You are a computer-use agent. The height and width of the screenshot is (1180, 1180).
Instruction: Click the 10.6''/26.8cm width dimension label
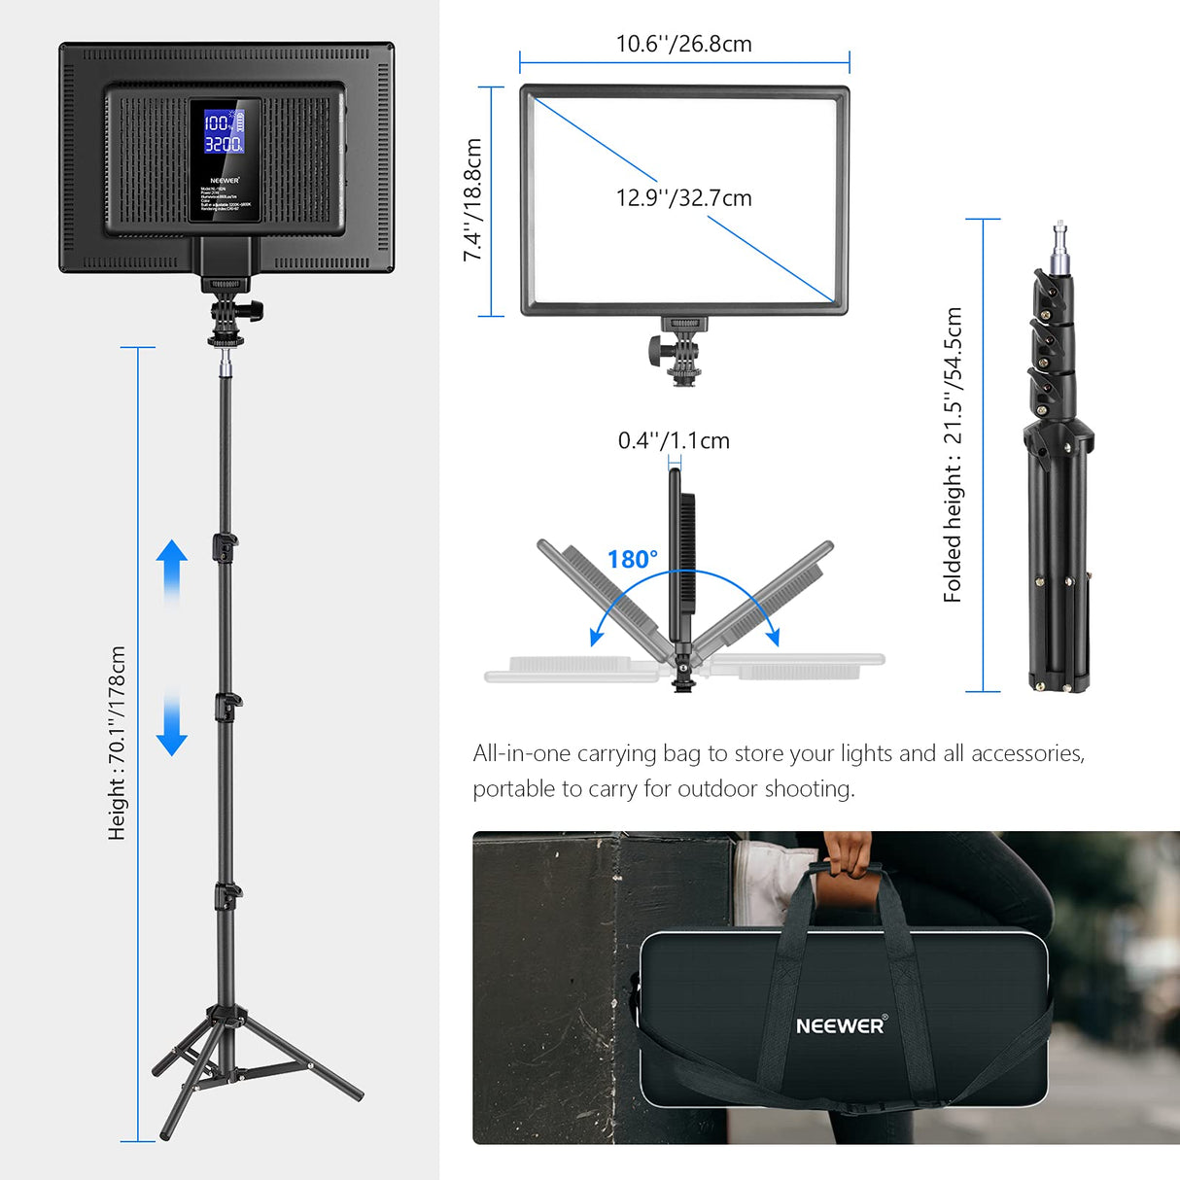pos(683,44)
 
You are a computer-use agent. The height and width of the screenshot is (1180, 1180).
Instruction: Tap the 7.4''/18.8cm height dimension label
pos(472,199)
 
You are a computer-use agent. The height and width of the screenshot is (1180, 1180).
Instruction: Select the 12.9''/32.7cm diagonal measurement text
pos(683,198)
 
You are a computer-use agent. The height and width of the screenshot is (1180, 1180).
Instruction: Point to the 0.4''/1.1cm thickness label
pos(674,440)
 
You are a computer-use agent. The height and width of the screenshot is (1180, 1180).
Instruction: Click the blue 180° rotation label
pos(632,560)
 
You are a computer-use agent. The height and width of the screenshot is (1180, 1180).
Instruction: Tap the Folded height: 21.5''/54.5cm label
pos(953,455)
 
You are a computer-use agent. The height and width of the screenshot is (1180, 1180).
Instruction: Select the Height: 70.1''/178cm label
pos(118,743)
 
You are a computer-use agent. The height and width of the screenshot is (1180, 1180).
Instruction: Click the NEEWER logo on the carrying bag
pos(841,1025)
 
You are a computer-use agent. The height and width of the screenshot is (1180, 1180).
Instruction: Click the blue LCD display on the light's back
pos(224,132)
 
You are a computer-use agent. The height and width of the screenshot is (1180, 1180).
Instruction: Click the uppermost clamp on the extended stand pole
pos(226,545)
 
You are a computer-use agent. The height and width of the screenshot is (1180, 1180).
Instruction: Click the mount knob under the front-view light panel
pos(655,347)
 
